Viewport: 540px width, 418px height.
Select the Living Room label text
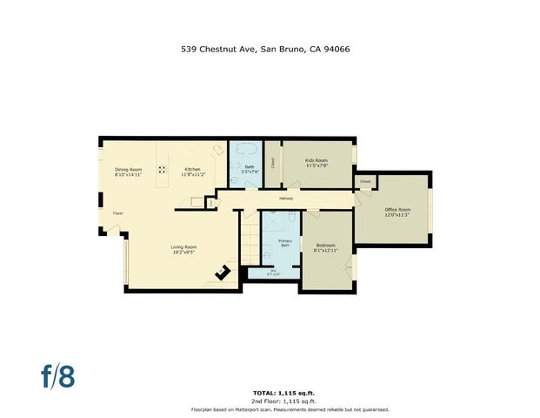[183, 249]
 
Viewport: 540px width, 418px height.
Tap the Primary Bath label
[284, 243]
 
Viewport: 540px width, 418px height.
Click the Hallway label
[286, 199]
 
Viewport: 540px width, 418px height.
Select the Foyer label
[117, 212]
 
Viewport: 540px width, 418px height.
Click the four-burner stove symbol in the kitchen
[162, 170]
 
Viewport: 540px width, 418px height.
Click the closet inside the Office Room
[364, 182]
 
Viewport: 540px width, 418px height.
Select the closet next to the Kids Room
[272, 163]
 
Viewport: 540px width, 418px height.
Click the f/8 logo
[58, 376]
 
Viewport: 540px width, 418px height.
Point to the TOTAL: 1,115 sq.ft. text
[290, 393]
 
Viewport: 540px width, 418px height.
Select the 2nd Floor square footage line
[290, 401]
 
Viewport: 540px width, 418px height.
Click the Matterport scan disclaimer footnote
[290, 408]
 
